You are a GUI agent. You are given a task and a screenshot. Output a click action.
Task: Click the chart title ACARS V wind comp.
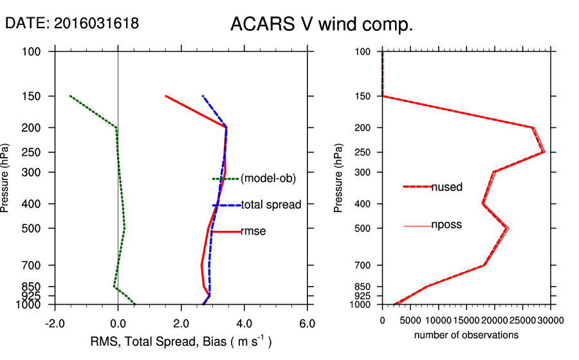[x=321, y=24]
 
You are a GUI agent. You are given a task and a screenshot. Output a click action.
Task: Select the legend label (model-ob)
[x=268, y=179]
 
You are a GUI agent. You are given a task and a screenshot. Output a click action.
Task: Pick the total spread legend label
[x=271, y=205]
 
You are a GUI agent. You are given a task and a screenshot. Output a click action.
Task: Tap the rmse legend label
[x=253, y=231]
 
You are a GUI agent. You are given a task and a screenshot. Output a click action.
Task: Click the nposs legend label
[x=446, y=225]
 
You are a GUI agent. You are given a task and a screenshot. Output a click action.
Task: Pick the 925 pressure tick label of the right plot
[x=363, y=296]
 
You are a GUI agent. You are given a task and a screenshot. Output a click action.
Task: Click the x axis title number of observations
[x=466, y=335]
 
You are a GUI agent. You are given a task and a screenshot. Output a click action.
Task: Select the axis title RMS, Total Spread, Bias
[x=179, y=342]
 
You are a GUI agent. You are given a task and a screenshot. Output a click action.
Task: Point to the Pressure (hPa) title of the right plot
[x=339, y=177]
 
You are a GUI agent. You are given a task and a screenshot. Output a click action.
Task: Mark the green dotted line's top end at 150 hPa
[x=70, y=96]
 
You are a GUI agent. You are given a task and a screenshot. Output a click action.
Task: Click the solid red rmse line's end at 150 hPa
[x=165, y=96]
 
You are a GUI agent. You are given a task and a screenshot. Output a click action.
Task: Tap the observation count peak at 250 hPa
[x=544, y=152]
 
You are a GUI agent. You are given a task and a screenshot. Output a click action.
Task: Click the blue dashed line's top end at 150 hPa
[x=203, y=96]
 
